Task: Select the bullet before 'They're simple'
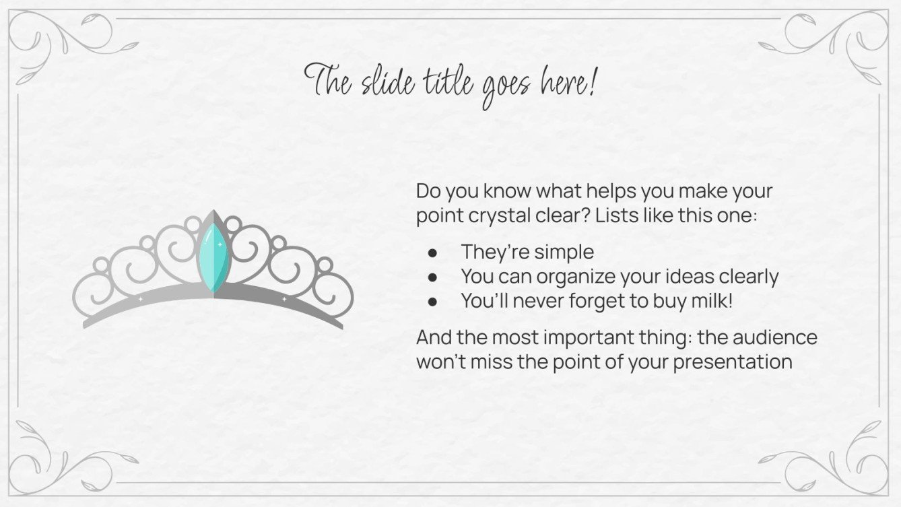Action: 433,252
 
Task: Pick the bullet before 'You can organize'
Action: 433,277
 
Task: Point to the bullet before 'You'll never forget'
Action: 433,302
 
